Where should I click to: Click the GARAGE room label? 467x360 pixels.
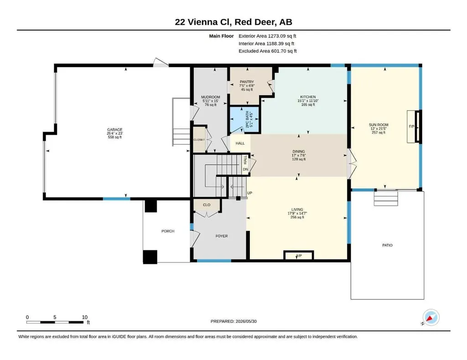[x=114, y=129]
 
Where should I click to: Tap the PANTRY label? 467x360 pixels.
[x=247, y=82]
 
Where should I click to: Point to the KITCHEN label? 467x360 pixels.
[x=308, y=97]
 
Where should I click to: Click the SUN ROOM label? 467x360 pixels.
[x=379, y=125]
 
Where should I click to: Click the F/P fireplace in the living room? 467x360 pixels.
[x=299, y=255]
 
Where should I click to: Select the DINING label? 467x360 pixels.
[x=298, y=151]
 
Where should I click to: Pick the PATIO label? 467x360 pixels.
[x=388, y=245]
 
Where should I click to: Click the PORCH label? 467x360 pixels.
[x=168, y=231]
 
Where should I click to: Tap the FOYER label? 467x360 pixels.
[x=222, y=236]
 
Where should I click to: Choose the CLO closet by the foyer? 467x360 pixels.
[x=207, y=205]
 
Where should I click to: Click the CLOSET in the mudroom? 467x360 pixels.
[x=199, y=140]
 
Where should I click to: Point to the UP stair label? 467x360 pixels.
[x=249, y=193]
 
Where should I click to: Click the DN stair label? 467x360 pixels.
[x=245, y=169]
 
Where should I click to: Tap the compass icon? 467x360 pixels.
[x=431, y=318]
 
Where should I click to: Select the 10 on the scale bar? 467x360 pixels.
[x=84, y=317]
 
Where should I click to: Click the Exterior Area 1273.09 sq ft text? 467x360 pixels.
[x=267, y=36]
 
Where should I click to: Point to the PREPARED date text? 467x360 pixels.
[x=233, y=321]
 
